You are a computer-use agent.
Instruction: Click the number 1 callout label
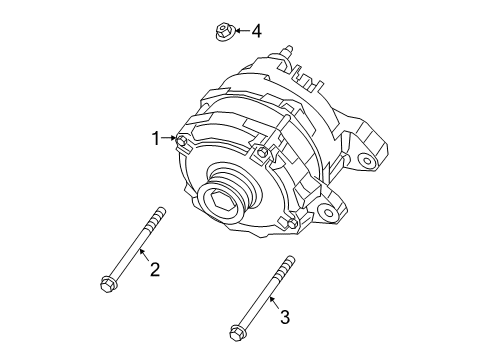point(156,139)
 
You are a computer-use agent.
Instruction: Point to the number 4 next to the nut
point(256,31)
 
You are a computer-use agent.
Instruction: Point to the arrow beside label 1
point(170,139)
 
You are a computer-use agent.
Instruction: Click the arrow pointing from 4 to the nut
point(240,32)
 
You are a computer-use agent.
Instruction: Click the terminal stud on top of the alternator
point(291,49)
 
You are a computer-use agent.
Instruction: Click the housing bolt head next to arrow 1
point(182,140)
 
